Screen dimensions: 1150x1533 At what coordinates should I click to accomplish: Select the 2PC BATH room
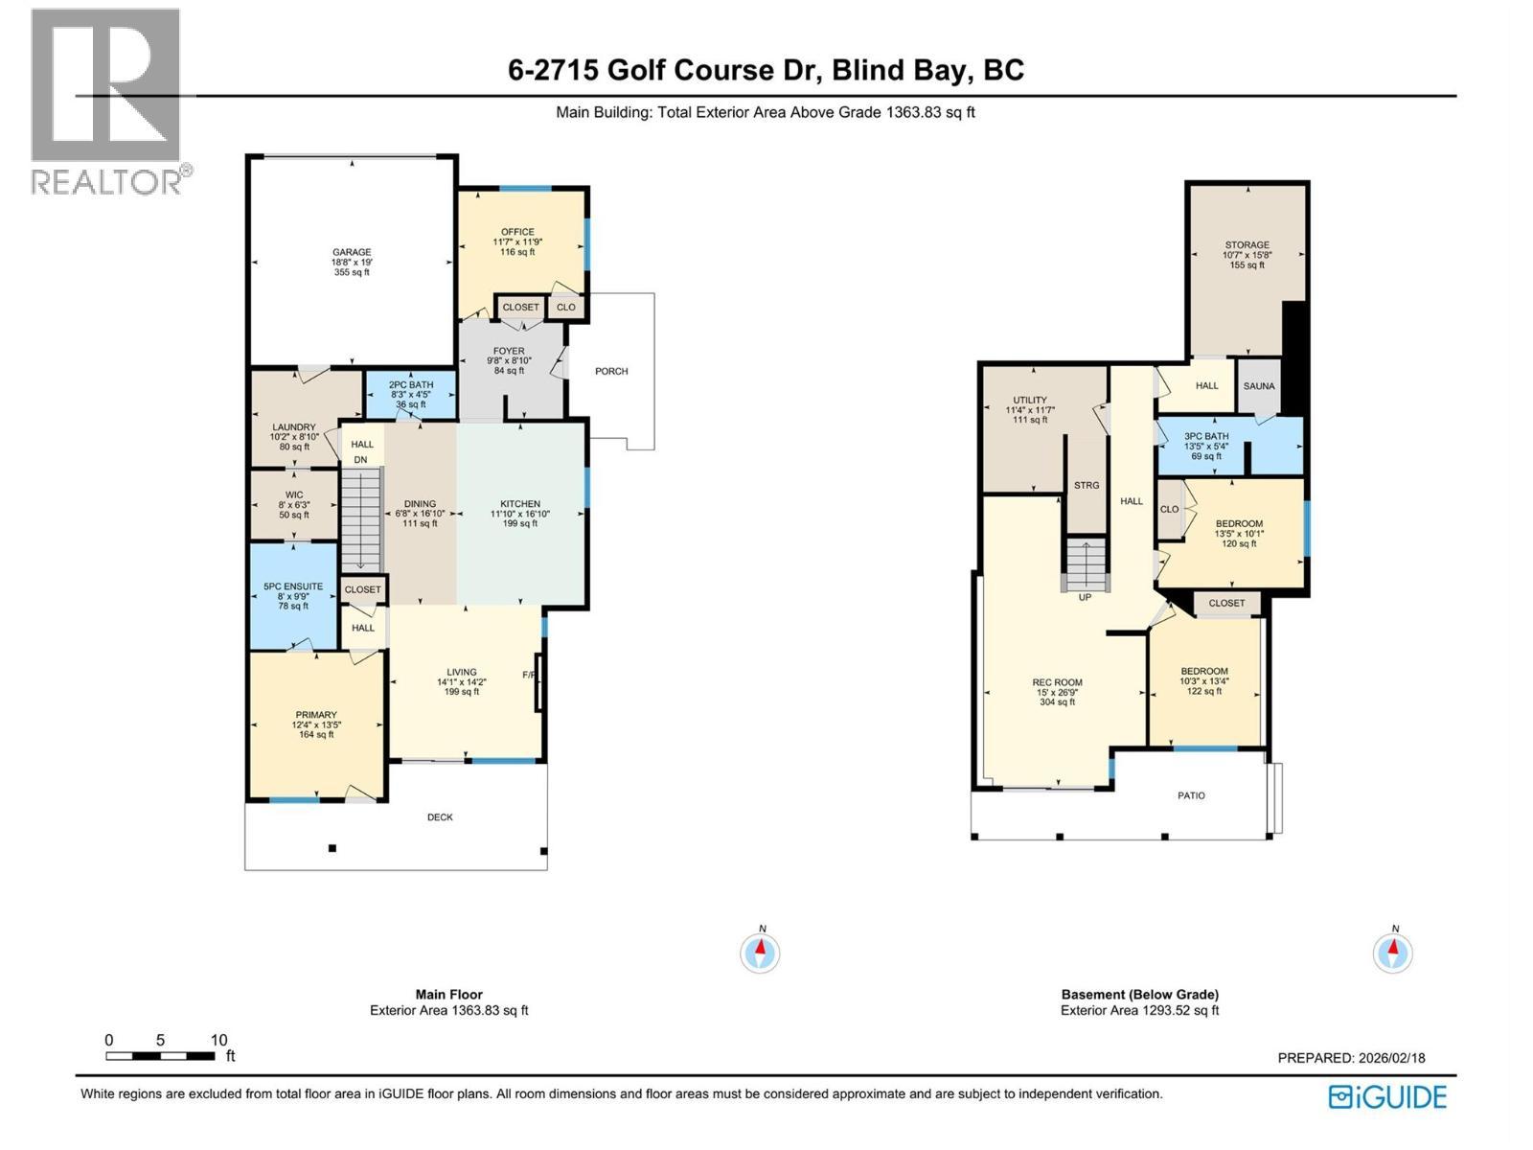tap(411, 394)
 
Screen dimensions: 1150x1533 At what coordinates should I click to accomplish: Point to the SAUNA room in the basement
tap(1259, 386)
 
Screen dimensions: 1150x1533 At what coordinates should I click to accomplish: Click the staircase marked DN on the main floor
tap(361, 517)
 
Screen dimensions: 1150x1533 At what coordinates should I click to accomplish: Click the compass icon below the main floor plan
tap(761, 953)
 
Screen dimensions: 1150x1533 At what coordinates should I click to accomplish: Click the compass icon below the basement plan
tap(1393, 953)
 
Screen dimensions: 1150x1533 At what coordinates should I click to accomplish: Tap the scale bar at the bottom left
tap(161, 1056)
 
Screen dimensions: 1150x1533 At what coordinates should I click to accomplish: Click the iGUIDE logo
tap(1387, 1096)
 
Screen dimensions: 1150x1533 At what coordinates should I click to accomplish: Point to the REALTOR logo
tap(107, 101)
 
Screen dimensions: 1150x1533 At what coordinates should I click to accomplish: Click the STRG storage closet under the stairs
tap(1087, 486)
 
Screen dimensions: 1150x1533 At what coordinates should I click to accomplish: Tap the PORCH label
tap(611, 372)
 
